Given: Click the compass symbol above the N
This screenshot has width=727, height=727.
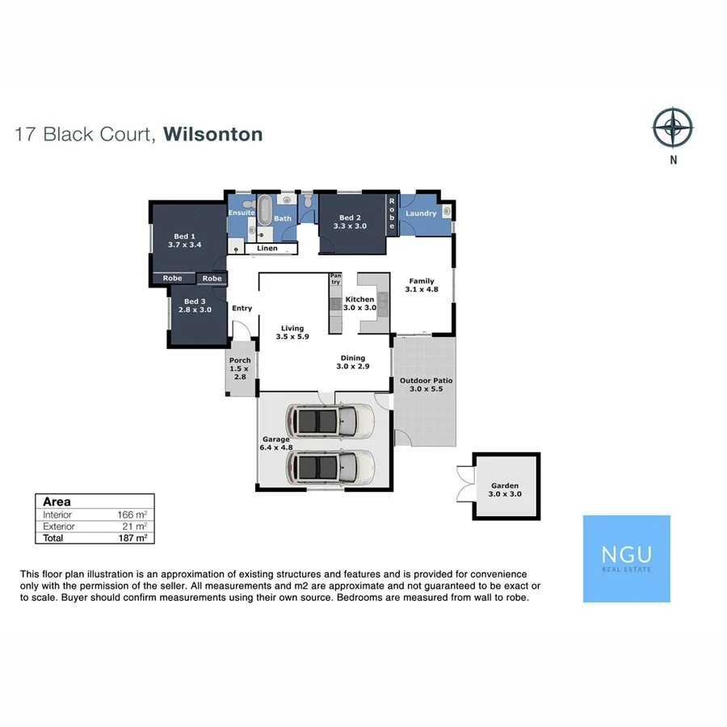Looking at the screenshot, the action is pyautogui.click(x=673, y=128).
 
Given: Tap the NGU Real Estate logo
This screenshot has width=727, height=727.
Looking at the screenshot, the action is pyautogui.click(x=627, y=558).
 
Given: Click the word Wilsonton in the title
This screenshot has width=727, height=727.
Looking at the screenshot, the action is pyautogui.click(x=213, y=134).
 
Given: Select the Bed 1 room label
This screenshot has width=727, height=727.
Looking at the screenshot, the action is pyautogui.click(x=184, y=239).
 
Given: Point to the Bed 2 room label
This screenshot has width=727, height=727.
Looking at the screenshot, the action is pyautogui.click(x=352, y=222).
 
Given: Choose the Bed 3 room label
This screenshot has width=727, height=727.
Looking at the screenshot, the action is pyautogui.click(x=194, y=305).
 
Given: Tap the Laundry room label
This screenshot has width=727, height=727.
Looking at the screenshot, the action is pyautogui.click(x=421, y=213).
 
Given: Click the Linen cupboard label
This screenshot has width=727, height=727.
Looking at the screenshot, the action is pyautogui.click(x=267, y=248).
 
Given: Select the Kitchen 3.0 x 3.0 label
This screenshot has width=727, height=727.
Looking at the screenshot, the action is pyautogui.click(x=359, y=304).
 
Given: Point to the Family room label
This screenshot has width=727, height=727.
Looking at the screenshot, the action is pyautogui.click(x=422, y=284).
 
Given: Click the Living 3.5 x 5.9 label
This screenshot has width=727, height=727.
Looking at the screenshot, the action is pyautogui.click(x=292, y=333).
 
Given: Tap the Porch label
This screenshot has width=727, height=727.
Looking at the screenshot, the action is pyautogui.click(x=240, y=368).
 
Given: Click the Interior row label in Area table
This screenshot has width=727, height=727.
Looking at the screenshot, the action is pyautogui.click(x=57, y=515).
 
